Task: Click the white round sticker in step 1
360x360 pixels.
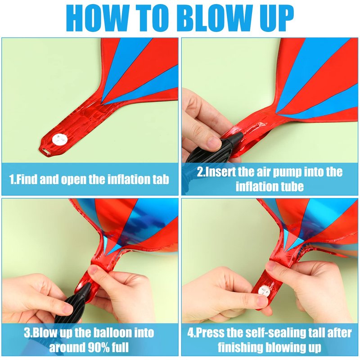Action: click(60, 139)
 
